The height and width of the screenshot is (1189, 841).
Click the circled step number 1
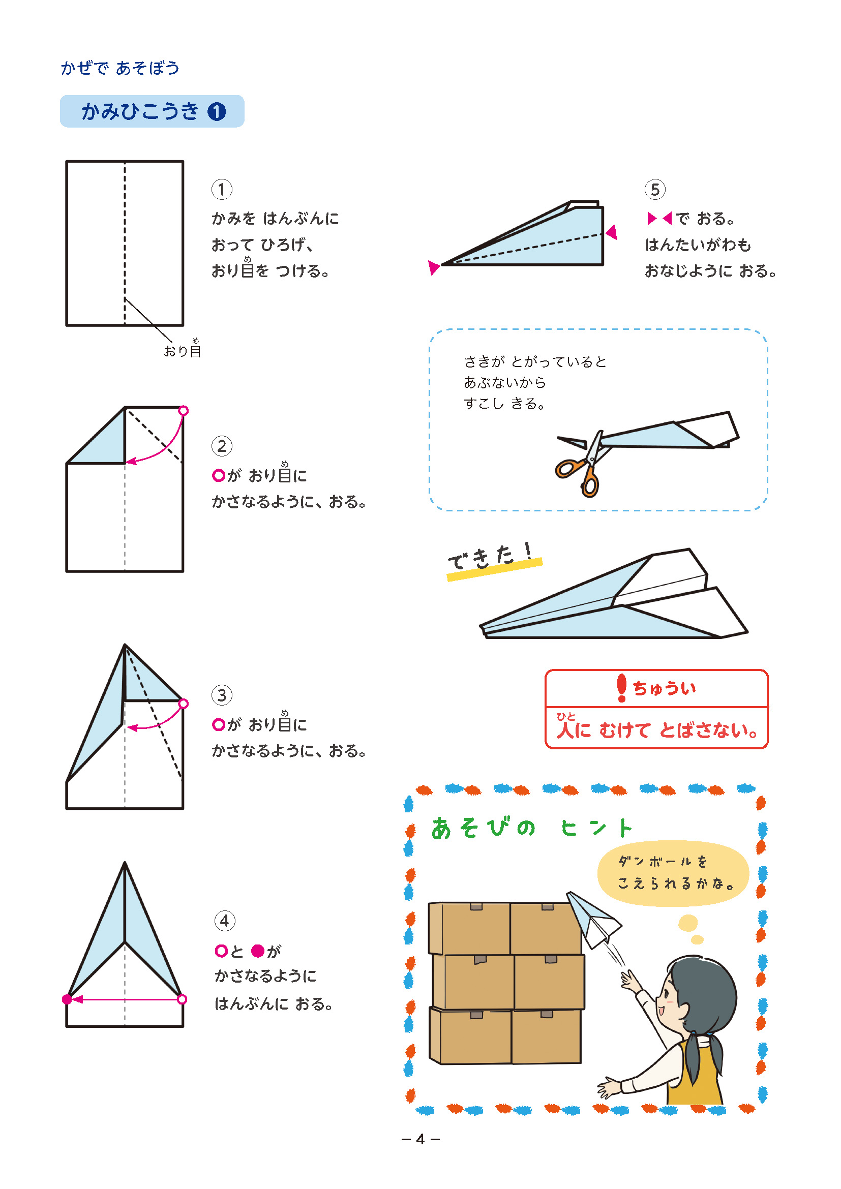(x=222, y=190)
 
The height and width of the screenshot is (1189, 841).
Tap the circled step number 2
(x=222, y=446)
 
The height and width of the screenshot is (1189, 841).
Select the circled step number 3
(x=222, y=695)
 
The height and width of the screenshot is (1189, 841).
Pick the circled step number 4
(x=225, y=921)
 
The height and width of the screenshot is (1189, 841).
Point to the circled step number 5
(x=655, y=190)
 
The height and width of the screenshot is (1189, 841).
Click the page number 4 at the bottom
(x=420, y=1139)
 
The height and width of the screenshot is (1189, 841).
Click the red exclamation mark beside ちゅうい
(x=622, y=688)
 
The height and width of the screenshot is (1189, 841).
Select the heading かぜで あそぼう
(x=120, y=68)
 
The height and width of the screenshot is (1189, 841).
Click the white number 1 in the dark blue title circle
(x=217, y=111)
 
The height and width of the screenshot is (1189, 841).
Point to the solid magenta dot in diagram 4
(x=67, y=999)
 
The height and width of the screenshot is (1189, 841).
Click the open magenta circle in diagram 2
(x=184, y=411)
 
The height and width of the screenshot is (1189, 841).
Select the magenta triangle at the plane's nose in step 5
(x=433, y=267)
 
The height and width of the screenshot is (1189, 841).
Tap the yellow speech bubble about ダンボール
(x=673, y=873)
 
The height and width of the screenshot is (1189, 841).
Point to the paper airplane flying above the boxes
(x=593, y=919)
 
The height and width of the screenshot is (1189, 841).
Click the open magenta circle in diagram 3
(x=184, y=703)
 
